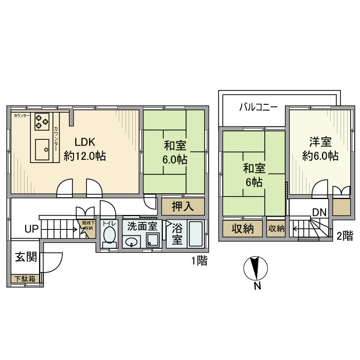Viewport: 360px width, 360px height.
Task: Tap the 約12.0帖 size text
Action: [x=85, y=155]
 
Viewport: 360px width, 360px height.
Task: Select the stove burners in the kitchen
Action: [x=42, y=122]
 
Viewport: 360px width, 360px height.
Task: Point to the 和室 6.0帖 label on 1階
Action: [x=175, y=152]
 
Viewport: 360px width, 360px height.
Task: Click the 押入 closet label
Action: [x=183, y=207]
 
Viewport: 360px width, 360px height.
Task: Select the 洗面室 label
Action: [x=142, y=226]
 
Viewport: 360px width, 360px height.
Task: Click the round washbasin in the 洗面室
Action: [x=132, y=242]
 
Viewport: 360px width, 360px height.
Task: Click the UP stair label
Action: [x=31, y=229]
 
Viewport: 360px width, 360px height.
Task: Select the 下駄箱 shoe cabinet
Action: [x=24, y=279]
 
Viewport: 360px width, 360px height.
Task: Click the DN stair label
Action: [x=319, y=212]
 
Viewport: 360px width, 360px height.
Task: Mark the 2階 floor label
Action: [x=345, y=236]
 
